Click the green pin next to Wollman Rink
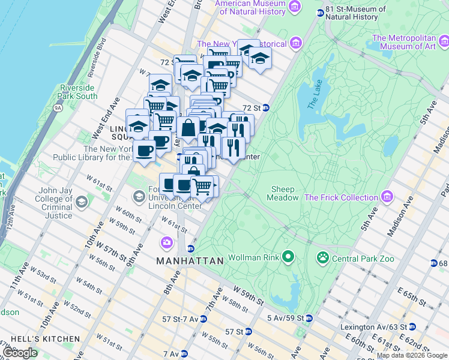(288, 257)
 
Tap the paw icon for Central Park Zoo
(322, 258)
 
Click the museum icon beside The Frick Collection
(388, 197)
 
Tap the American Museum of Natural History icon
(294, 6)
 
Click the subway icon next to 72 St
(265, 108)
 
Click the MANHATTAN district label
(190, 261)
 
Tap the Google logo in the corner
(20, 353)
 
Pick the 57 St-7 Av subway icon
(203, 319)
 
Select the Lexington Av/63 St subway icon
(411, 328)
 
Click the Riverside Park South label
(78, 92)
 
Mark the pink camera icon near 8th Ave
(166, 242)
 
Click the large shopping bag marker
(188, 128)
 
